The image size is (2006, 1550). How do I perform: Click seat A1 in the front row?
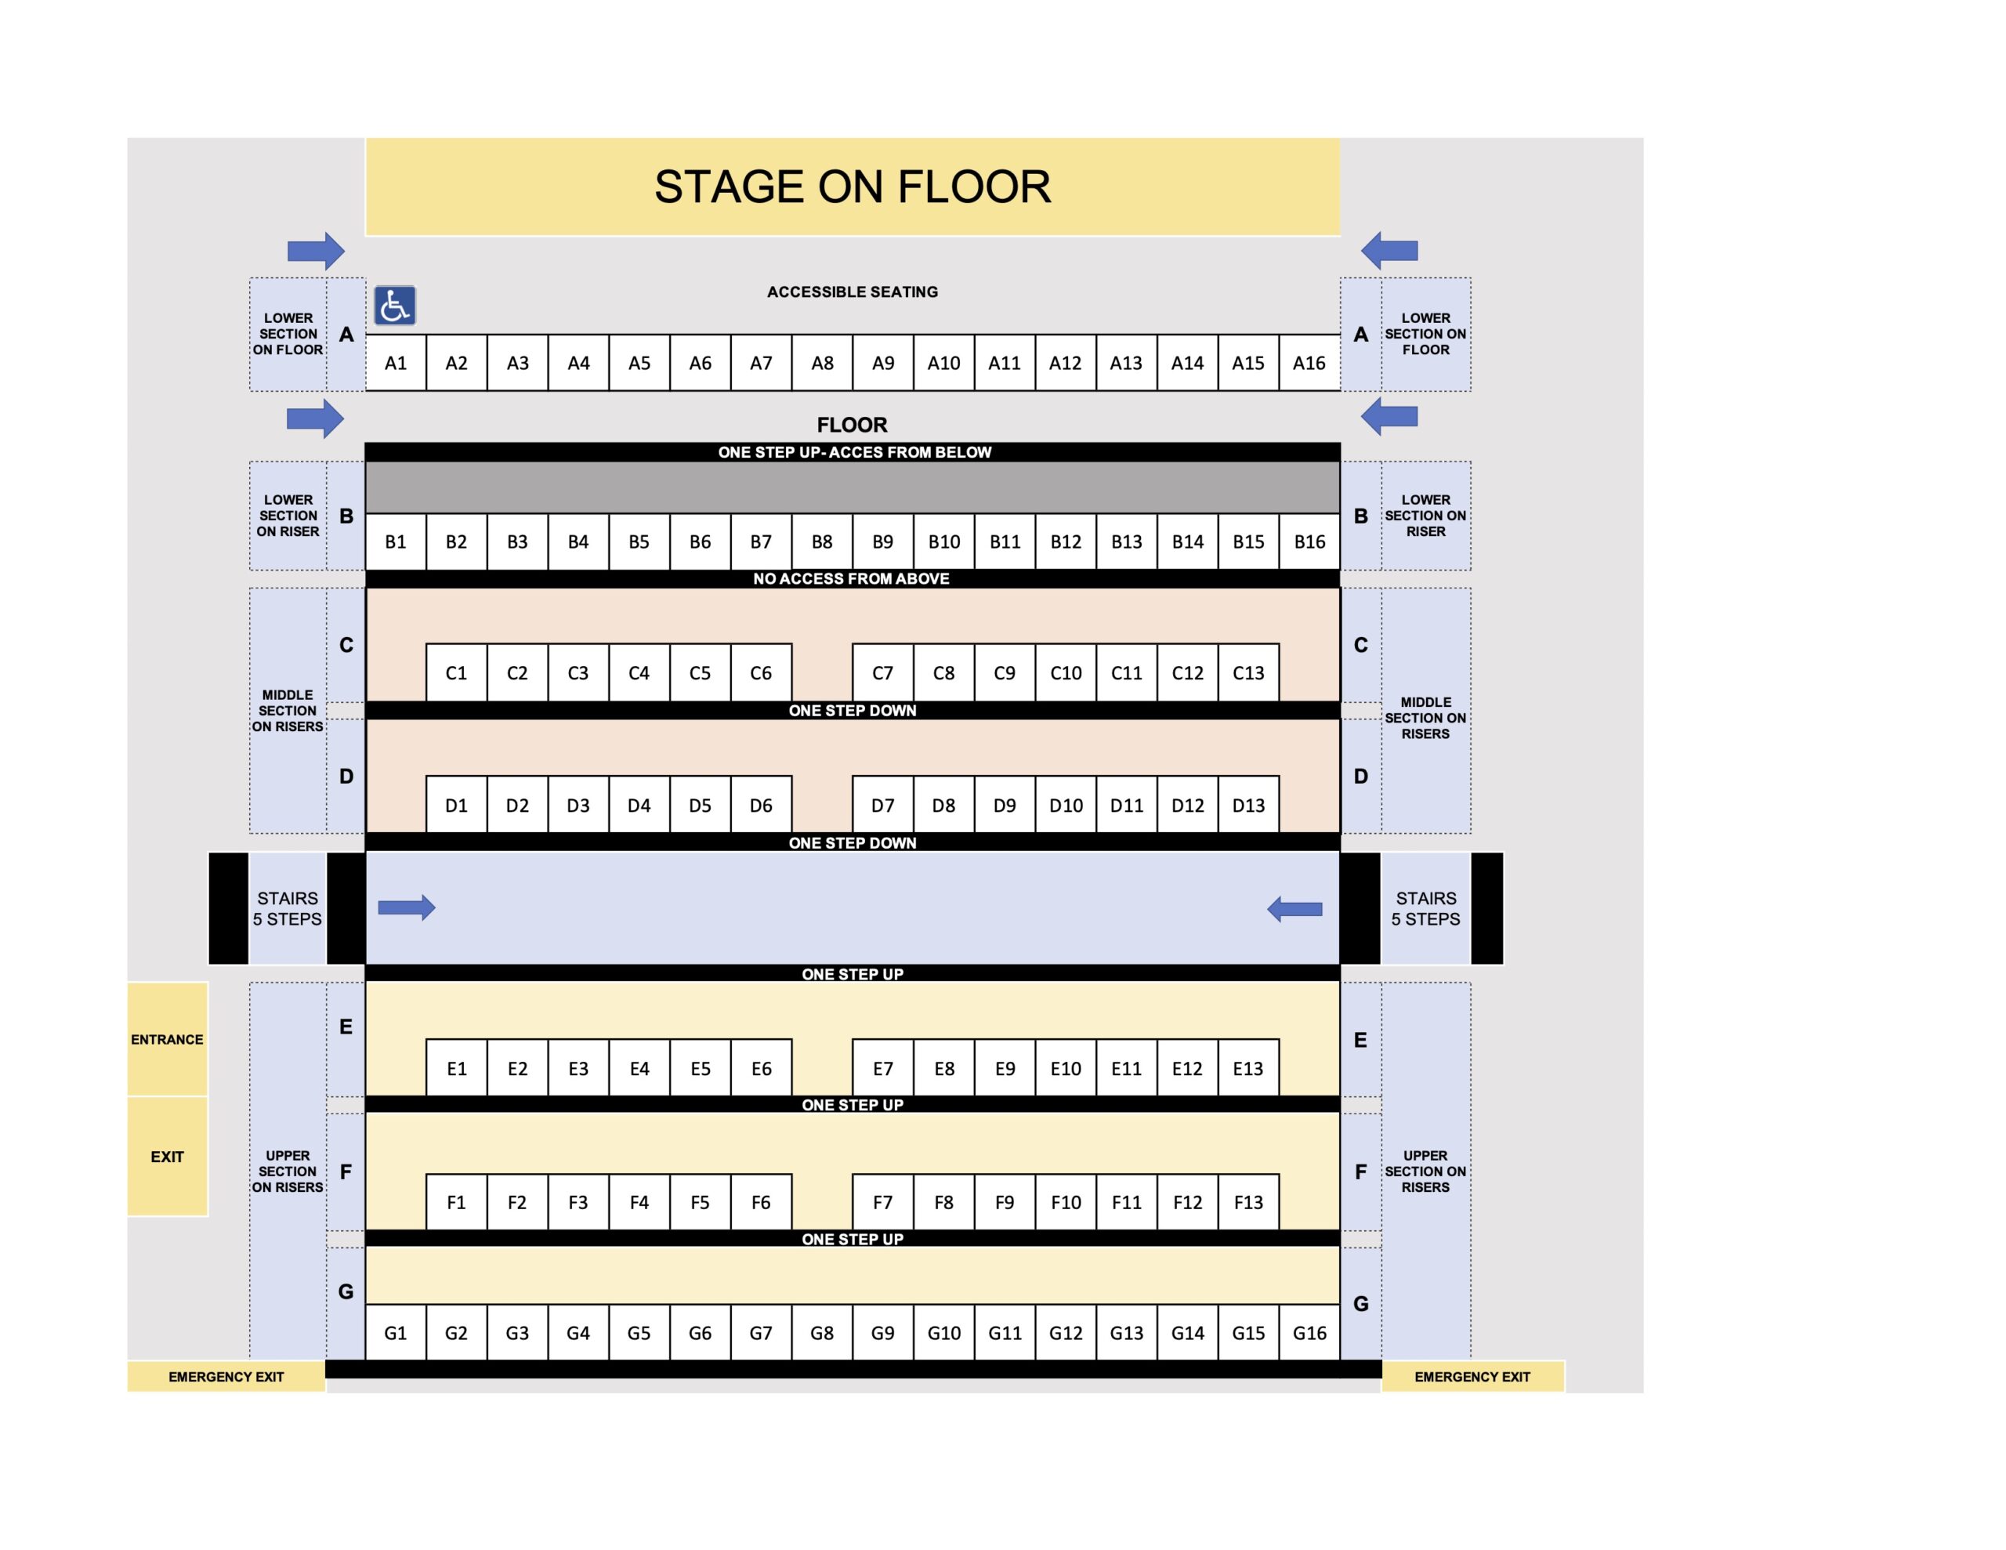point(396,363)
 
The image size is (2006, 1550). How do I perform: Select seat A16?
point(1310,363)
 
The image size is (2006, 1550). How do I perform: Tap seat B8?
point(822,542)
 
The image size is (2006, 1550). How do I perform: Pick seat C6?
point(762,672)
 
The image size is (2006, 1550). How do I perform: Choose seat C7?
point(882,672)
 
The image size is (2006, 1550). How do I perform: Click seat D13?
point(1248,805)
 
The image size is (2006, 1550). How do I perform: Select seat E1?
point(457,1067)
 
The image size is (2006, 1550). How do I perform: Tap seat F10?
point(1066,1202)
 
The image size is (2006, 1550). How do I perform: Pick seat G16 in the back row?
point(1310,1332)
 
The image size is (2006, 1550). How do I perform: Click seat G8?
point(822,1332)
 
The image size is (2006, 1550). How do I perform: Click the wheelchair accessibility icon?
point(395,305)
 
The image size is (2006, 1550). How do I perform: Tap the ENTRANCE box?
point(167,1039)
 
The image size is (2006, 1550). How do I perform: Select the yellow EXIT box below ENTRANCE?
point(167,1157)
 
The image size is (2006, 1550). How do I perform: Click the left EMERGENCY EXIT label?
point(226,1376)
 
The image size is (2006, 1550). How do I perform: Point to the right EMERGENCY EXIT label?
point(1472,1376)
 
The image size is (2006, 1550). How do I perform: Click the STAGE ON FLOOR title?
point(853,187)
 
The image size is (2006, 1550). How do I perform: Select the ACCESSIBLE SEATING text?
point(853,292)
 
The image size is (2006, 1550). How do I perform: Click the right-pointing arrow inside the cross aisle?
point(407,907)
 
